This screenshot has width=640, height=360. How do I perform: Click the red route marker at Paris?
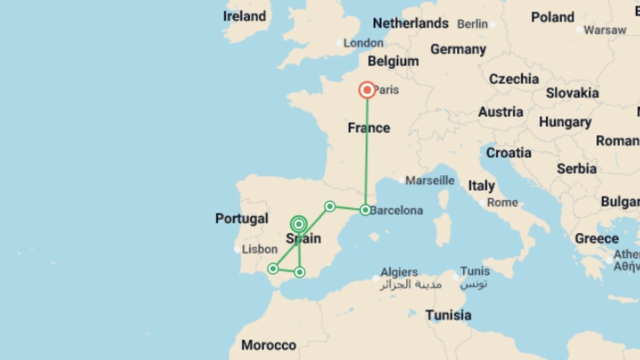367,90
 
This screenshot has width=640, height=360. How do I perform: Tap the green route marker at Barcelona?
365,210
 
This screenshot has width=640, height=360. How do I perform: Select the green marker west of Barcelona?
330,206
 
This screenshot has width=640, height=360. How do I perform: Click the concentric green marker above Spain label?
299,224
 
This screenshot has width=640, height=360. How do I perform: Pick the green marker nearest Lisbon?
273,268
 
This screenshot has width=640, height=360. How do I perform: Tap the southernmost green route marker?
299,272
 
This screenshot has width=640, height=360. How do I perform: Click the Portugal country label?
242,218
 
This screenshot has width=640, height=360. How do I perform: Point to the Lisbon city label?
259,249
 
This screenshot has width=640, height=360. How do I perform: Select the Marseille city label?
430,180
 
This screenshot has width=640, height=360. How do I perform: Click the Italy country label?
481,186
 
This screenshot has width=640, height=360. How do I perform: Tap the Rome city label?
502,202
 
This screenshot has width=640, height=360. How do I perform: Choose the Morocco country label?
269,345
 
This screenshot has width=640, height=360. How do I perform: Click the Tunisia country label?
448,315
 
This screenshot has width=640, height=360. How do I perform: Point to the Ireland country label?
244,16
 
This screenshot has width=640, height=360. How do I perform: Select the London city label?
363,43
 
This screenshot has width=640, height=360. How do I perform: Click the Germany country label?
458,49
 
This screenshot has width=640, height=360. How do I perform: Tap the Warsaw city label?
605,30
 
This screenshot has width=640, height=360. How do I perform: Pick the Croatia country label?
509,153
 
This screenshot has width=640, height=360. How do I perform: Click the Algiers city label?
399,272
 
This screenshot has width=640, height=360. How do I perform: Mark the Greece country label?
597,238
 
